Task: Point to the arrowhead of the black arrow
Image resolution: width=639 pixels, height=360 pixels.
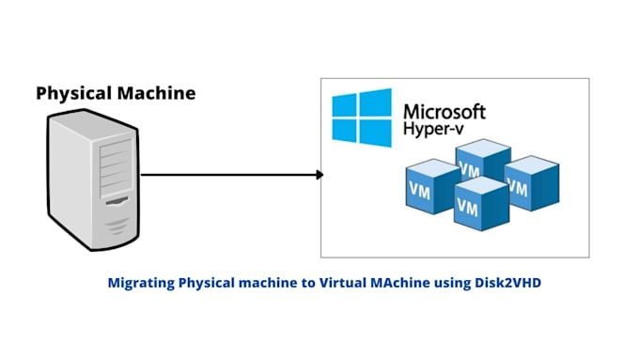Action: click(x=319, y=175)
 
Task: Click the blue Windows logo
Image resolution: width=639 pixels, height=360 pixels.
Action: click(x=362, y=117)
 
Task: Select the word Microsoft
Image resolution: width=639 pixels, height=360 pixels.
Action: click(x=444, y=111)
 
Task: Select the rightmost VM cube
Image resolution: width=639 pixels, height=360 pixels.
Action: click(x=532, y=180)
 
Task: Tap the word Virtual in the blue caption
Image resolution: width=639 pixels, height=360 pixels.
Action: click(x=342, y=282)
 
